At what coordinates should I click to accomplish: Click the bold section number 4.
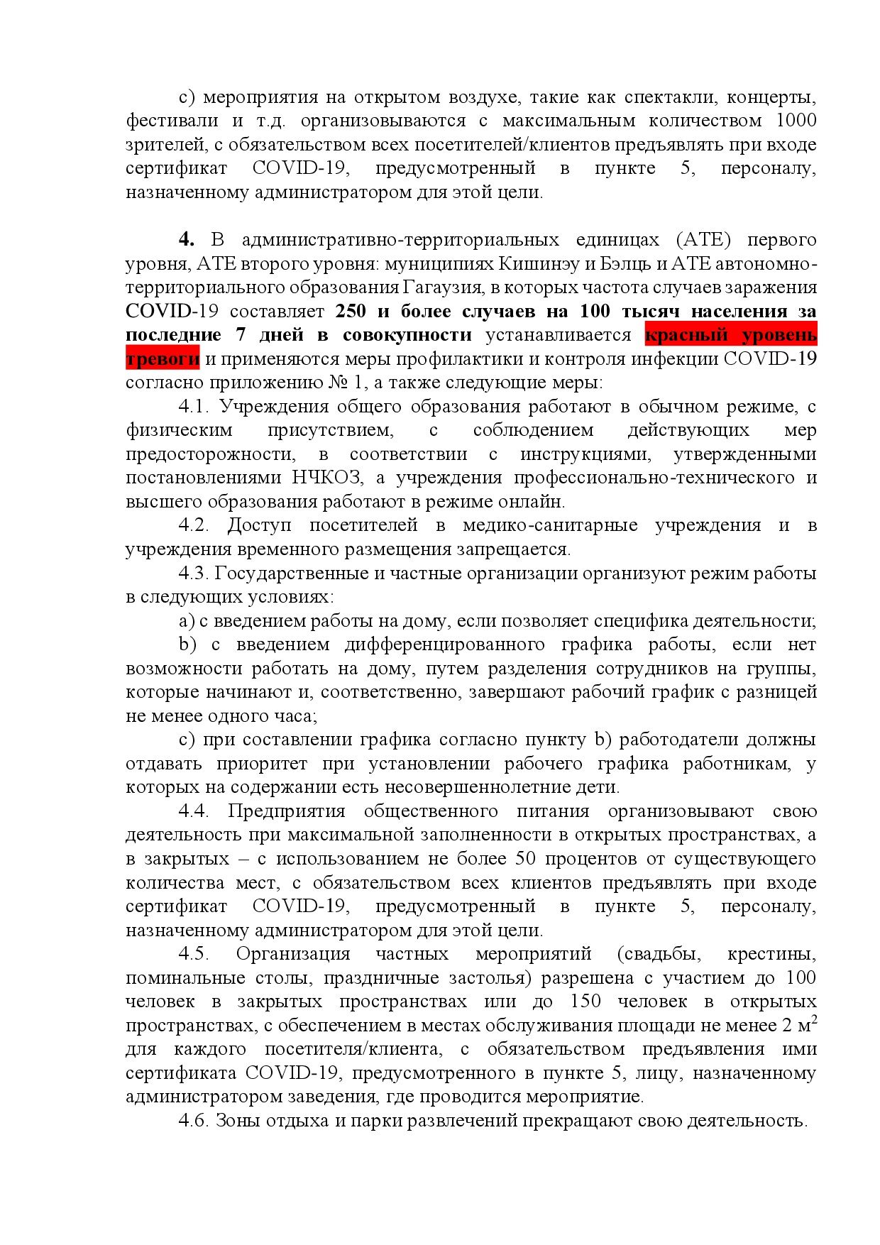(x=187, y=239)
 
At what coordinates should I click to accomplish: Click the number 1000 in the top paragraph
(x=796, y=120)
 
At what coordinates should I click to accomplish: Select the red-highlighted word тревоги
(x=163, y=358)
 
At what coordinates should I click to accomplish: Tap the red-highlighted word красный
(x=688, y=334)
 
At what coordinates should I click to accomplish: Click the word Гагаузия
(x=437, y=287)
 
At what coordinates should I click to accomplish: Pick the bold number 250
(x=351, y=311)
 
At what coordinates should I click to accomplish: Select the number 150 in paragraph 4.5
(x=585, y=1002)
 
